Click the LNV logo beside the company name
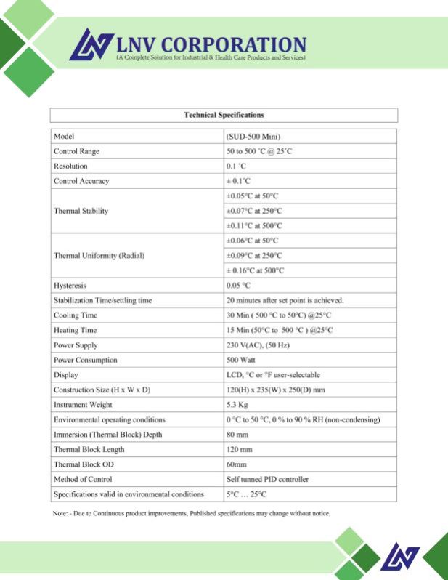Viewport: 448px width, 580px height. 91,44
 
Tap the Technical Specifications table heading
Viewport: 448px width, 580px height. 224,115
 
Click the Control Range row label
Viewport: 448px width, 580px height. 76,151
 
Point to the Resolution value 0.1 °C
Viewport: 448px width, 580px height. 237,166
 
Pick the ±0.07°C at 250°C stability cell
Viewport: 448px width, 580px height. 254,211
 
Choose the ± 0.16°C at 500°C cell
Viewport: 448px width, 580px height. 255,270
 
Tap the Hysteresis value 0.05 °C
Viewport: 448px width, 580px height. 238,286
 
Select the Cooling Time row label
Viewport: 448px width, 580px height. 75,315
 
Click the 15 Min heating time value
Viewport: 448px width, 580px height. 280,330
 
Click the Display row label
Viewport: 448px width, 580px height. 65,375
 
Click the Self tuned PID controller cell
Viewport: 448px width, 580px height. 267,480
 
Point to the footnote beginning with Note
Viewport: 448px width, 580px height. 192,513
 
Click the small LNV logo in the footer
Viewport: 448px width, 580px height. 399,557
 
